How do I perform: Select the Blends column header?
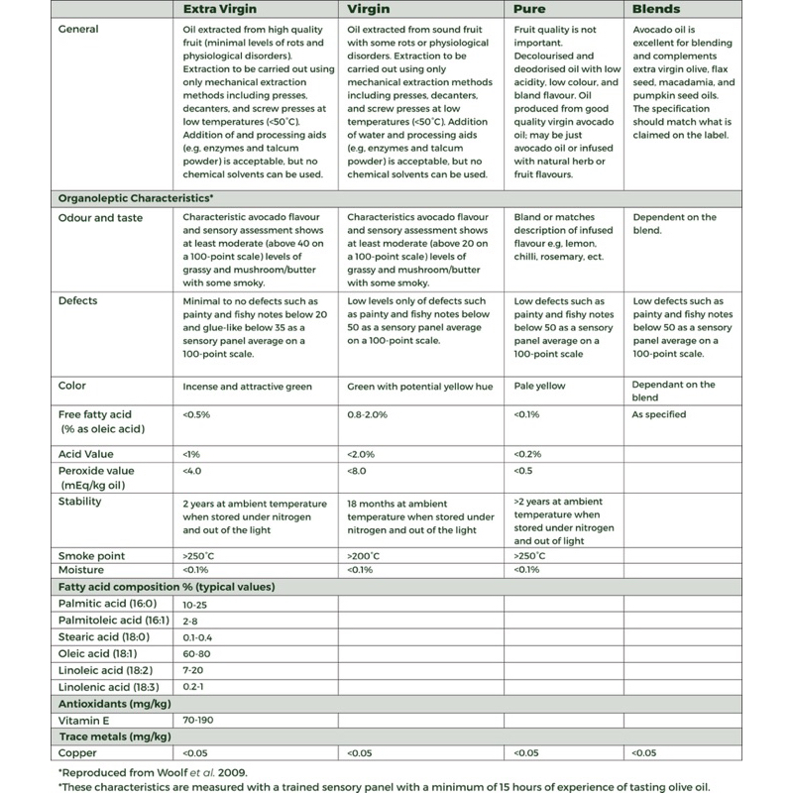click(x=656, y=9)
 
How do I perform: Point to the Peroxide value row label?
click(x=96, y=471)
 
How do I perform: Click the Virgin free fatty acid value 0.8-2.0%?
click(x=369, y=414)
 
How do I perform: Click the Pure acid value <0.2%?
click(x=530, y=453)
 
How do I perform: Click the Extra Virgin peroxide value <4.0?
click(x=193, y=471)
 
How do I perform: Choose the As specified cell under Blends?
click(x=659, y=414)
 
